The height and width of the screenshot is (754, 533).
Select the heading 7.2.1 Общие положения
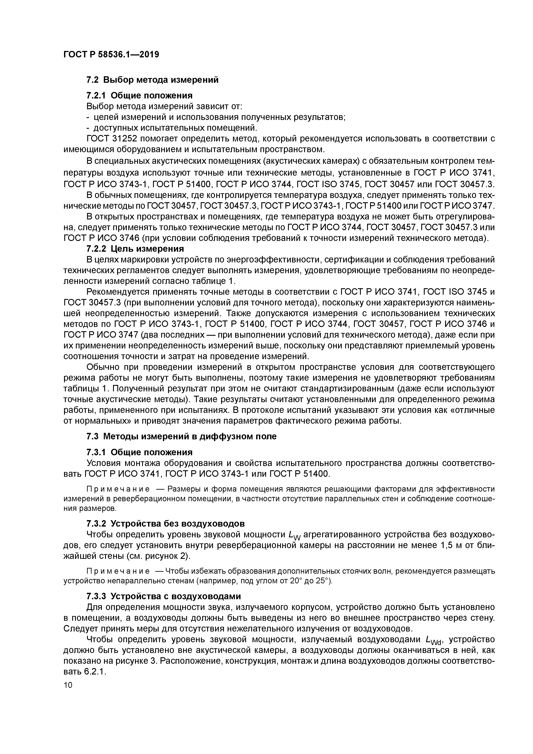[139, 96]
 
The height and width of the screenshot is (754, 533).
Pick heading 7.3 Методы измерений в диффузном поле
[181, 437]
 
